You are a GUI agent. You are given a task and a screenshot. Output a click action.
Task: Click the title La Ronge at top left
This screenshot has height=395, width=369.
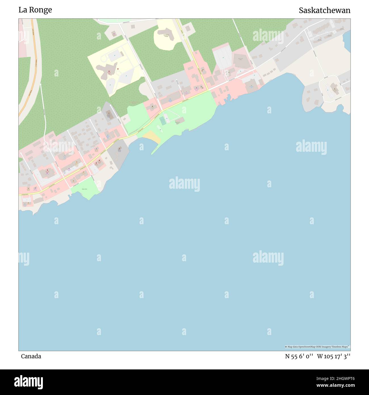(35, 10)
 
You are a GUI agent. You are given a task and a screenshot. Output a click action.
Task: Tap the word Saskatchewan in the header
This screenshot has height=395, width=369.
(324, 11)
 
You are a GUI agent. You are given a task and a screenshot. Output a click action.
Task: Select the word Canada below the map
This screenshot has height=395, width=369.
(31, 356)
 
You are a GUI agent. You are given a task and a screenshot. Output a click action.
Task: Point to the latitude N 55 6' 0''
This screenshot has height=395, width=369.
(299, 356)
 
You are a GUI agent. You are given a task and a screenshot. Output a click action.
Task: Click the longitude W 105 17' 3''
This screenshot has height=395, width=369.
(334, 356)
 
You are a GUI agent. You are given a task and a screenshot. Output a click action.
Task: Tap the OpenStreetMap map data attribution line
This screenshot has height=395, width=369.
(317, 347)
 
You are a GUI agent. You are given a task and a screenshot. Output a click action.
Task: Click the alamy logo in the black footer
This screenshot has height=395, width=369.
(29, 382)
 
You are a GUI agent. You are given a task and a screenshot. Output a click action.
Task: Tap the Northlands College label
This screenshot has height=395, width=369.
(166, 36)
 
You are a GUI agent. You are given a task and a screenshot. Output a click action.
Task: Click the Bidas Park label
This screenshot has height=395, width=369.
(84, 189)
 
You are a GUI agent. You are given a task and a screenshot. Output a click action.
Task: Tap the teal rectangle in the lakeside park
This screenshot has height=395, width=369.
(163, 121)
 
